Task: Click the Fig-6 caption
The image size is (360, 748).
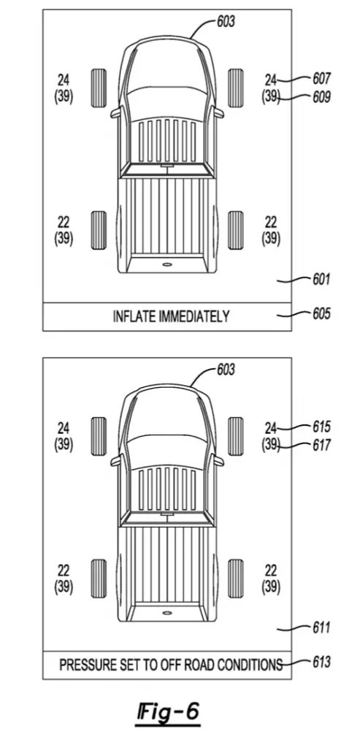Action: [x=168, y=713]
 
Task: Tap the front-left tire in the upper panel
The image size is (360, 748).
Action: [x=99, y=88]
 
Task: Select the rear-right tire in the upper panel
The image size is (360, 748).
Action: [x=236, y=230]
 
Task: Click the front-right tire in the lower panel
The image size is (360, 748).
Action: [x=236, y=436]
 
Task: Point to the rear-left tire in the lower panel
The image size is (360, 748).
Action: [x=99, y=579]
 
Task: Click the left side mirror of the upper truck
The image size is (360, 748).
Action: [x=115, y=113]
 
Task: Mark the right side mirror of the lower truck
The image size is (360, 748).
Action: [x=219, y=462]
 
